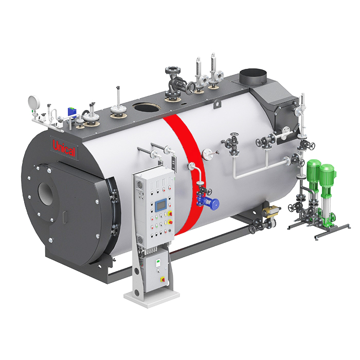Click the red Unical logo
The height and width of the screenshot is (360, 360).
pos(64,148)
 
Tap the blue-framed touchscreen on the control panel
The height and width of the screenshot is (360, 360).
pos(161,206)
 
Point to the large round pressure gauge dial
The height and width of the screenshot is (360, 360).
pos(34,103)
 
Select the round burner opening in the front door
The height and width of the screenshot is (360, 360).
pos(46,193)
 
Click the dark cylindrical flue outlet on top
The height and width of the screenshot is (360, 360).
pos(253,77)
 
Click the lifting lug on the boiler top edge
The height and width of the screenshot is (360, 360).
pos(217,104)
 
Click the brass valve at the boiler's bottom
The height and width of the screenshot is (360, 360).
pos(271,210)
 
